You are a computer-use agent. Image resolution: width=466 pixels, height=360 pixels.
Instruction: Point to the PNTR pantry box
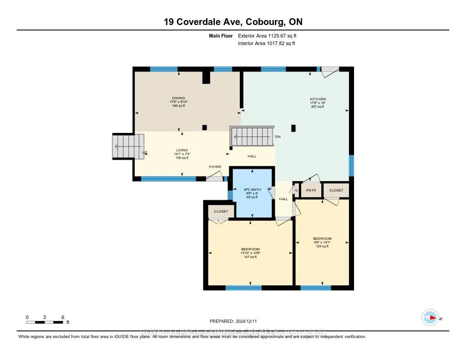point(311,190)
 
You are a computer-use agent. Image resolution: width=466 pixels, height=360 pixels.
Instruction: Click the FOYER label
point(215,167)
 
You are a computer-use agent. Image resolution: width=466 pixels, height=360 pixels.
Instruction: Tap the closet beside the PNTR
point(336,190)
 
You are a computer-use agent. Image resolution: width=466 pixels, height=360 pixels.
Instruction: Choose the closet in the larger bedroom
point(221,212)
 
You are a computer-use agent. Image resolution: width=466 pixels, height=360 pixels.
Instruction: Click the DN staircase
point(253,136)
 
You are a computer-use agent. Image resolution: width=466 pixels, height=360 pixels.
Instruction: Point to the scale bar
point(45,322)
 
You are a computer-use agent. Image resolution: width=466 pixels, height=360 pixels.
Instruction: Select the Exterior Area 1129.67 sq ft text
point(267,35)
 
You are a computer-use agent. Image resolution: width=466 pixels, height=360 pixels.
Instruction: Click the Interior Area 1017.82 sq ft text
point(266,44)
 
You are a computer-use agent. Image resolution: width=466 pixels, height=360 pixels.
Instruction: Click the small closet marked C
point(297,190)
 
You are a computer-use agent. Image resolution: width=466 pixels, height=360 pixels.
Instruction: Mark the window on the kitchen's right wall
point(351,166)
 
